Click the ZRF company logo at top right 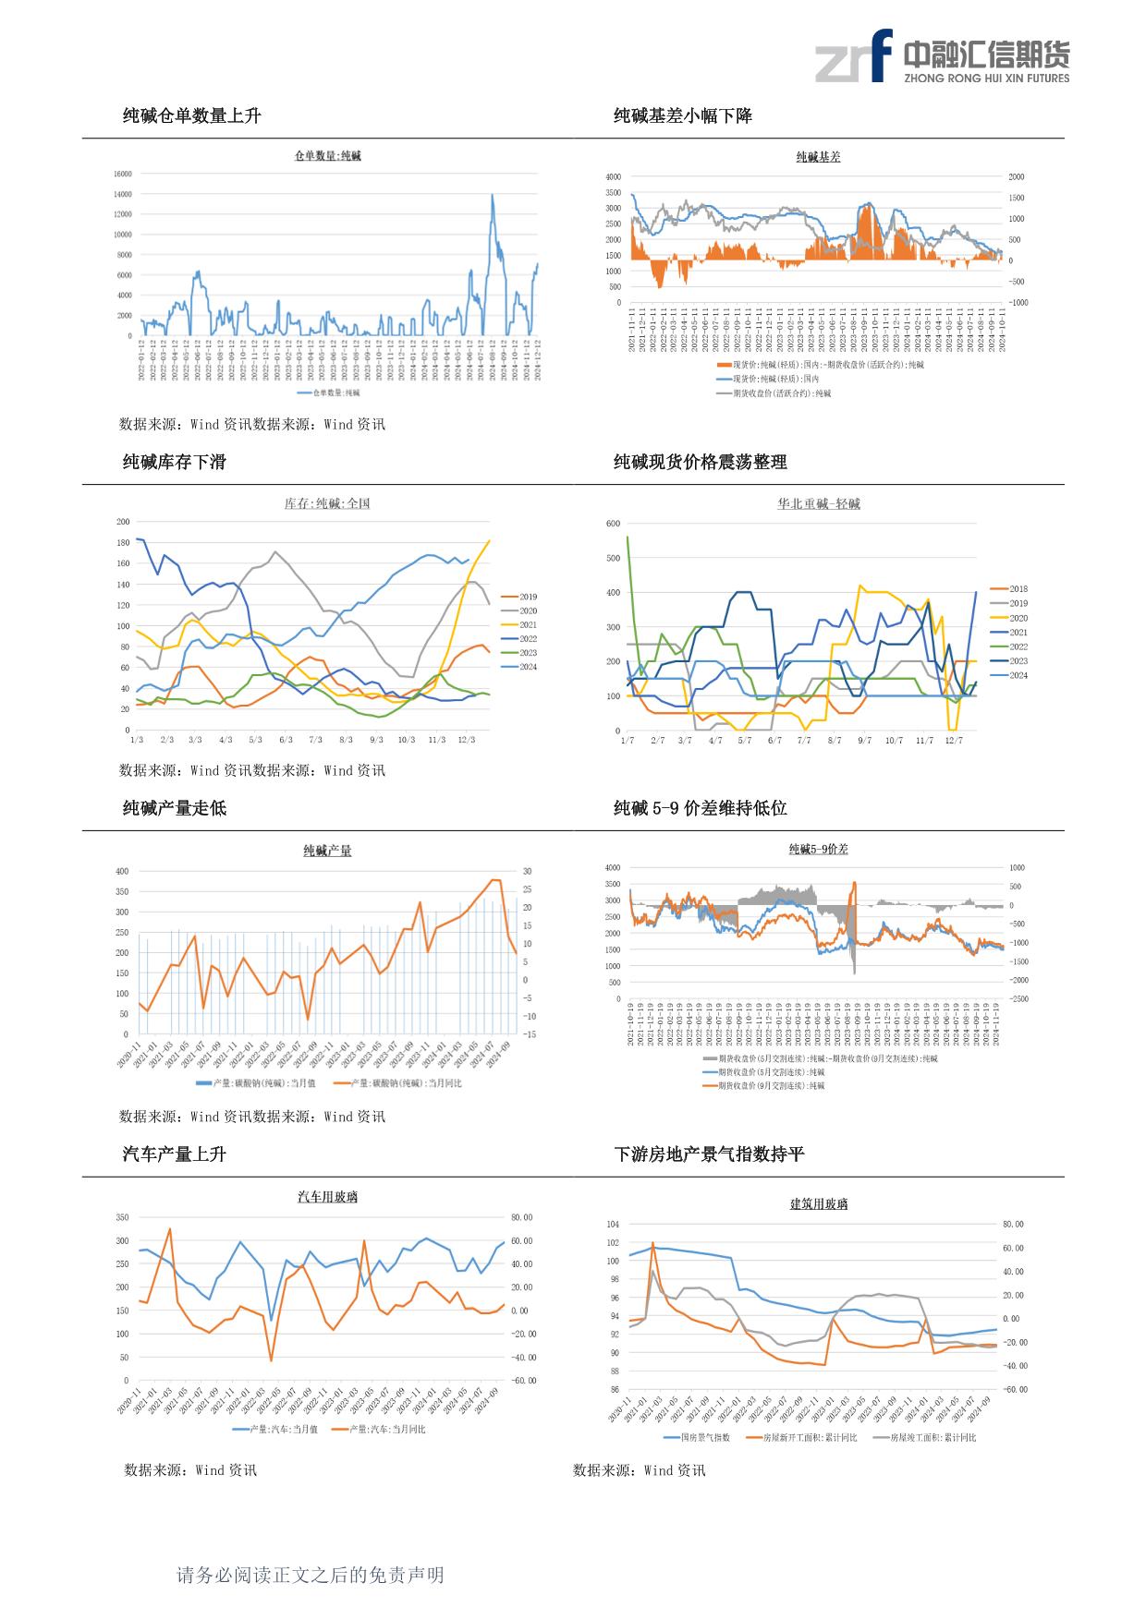[x=942, y=56]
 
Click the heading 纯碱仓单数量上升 [x=191, y=115]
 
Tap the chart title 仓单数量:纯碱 [x=327, y=156]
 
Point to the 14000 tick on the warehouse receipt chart [x=122, y=194]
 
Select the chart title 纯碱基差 [x=818, y=157]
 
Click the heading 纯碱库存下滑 [x=174, y=462]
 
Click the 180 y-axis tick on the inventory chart [x=123, y=543]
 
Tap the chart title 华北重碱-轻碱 [x=818, y=504]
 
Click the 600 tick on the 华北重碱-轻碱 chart [x=613, y=524]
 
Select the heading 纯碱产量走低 [x=174, y=808]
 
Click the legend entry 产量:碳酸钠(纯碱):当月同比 [x=397, y=1083]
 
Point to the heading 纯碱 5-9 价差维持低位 [x=700, y=808]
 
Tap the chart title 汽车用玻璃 [x=327, y=1197]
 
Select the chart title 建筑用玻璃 [x=818, y=1204]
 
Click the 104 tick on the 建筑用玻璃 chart [x=613, y=1225]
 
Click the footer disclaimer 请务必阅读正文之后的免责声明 [x=310, y=1576]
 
